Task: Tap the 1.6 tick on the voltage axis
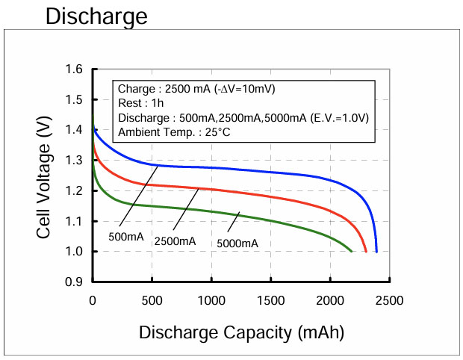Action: pos(73,69)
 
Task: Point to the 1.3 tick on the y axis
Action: pos(73,161)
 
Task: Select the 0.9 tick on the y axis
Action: pos(73,282)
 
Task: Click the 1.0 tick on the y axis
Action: pos(73,252)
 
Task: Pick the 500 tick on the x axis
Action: pos(152,300)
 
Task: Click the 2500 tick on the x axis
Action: pos(389,300)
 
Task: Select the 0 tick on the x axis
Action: pos(93,300)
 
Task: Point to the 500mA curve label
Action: pos(126,237)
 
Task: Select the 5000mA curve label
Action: pos(237,243)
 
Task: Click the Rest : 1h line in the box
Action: pos(140,103)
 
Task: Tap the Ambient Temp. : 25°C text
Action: pos(165,133)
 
